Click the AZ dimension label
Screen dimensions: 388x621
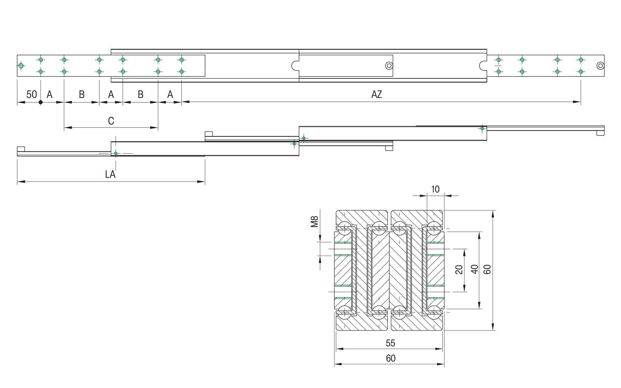[x=376, y=94]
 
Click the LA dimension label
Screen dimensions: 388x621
[x=110, y=175]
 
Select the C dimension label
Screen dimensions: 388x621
[x=111, y=121]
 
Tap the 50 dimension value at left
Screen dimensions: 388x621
[x=31, y=94]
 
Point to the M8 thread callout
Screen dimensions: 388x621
[x=315, y=221]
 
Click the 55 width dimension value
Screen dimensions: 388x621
[x=390, y=343]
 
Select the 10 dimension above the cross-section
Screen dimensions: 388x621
[x=435, y=189]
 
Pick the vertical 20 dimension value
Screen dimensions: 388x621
[x=459, y=269]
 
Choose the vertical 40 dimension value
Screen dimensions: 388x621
[x=474, y=269]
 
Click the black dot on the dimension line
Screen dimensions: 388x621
[x=40, y=102]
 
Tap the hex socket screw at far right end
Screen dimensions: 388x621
[x=600, y=66]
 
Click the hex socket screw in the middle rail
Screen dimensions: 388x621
[x=389, y=66]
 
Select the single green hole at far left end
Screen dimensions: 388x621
[x=21, y=66]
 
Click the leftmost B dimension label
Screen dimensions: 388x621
[x=82, y=94]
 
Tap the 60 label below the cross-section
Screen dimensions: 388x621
[x=390, y=358]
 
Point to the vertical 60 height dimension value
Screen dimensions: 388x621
[x=487, y=269]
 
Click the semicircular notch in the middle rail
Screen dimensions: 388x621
[x=295, y=66]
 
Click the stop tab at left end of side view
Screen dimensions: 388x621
[x=21, y=149]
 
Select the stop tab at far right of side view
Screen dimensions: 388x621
[x=601, y=133]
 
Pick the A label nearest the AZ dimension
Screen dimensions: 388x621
[x=170, y=94]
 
